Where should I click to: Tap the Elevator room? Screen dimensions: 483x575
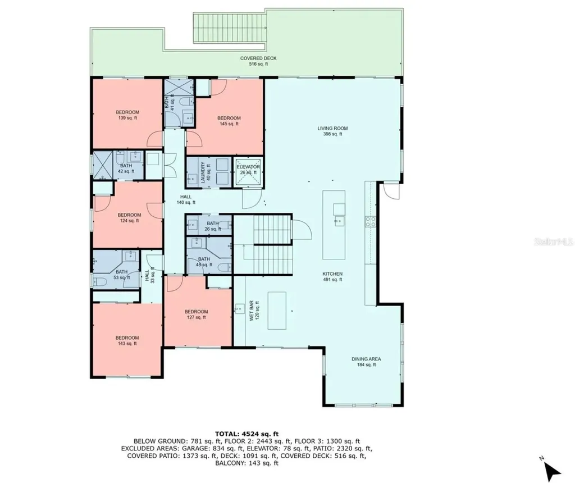point(248,170)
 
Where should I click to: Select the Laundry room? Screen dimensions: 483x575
point(206,171)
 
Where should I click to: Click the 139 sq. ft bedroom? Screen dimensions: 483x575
point(127,115)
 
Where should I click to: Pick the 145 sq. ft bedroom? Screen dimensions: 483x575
point(229,121)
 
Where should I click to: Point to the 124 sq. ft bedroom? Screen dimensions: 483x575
point(129,217)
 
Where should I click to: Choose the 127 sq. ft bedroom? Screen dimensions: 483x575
point(197,314)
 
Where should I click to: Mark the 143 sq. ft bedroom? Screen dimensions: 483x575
point(127,340)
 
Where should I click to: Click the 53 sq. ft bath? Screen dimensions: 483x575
point(122,274)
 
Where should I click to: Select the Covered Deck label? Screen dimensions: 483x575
point(258,61)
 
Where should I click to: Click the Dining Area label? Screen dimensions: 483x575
point(367,362)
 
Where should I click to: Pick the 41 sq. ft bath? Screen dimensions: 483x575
point(170,102)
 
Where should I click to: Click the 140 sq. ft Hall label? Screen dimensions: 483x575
point(186,199)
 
